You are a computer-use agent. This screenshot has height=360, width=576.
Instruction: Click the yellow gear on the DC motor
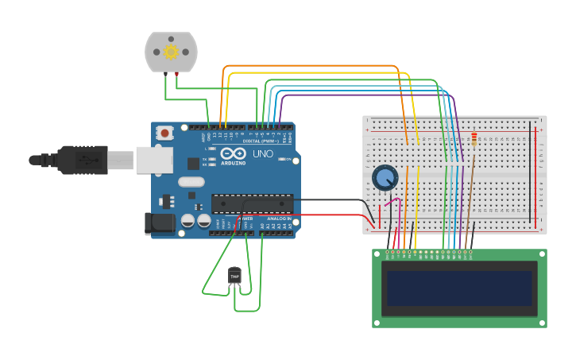tap(171, 52)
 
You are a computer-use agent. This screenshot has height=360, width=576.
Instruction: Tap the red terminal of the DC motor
tap(176, 75)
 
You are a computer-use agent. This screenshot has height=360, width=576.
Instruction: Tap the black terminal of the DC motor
tap(165, 75)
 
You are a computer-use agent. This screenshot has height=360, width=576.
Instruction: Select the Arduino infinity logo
tap(234, 153)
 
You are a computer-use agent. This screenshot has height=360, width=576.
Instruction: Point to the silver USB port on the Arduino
tap(154, 160)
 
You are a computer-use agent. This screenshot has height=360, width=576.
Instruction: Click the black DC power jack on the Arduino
tap(160, 223)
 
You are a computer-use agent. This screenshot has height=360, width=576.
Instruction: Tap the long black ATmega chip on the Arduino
tap(252, 203)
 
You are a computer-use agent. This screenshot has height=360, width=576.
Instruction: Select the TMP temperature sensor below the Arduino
tap(234, 276)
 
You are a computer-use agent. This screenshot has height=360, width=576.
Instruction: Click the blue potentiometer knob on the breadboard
tap(385, 177)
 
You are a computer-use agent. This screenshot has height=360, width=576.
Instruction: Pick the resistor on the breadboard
tap(474, 140)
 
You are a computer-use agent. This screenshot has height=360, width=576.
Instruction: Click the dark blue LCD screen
tap(459, 288)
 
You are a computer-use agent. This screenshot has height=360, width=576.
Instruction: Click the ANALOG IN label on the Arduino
tap(278, 218)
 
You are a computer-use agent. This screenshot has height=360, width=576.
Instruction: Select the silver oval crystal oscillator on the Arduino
tap(191, 182)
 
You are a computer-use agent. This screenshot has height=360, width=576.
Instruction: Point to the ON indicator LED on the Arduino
tap(284, 159)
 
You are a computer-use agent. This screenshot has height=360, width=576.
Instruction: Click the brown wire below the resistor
tap(469, 199)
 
